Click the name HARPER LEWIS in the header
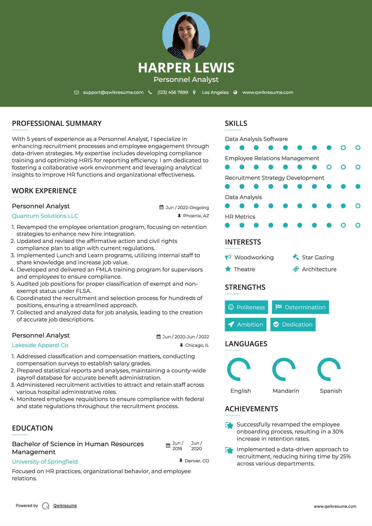point(186,68)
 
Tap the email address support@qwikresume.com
point(113,92)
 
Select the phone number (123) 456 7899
point(173,92)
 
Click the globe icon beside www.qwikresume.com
point(235,92)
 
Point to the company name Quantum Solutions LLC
point(45,216)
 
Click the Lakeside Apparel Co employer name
point(40,345)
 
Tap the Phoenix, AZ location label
point(196,216)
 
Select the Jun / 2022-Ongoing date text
point(187,207)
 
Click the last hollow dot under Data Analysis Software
point(358,147)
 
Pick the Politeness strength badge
point(246,307)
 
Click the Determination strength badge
point(300,307)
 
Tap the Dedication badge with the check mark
point(293,324)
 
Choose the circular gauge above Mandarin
point(284,369)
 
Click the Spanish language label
point(331,391)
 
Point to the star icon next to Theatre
point(228,269)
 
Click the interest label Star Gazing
point(318,257)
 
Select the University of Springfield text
point(45,462)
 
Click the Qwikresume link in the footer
point(65,505)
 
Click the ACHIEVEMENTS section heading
point(251,409)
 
